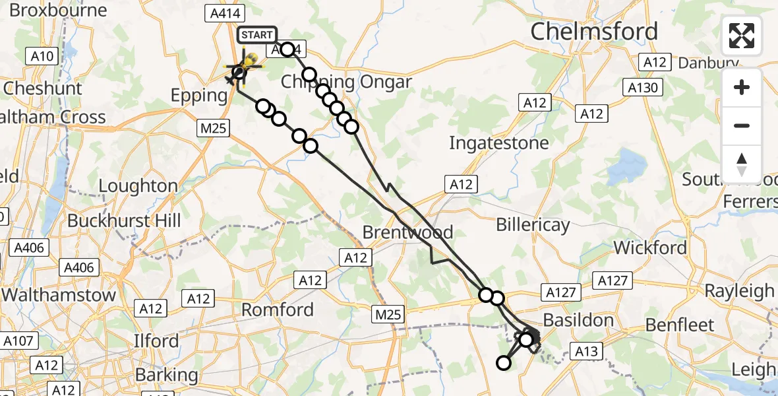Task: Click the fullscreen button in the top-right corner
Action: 742,36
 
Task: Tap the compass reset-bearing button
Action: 742,164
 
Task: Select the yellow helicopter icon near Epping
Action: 249,63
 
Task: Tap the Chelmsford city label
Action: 593,31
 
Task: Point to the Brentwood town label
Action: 408,232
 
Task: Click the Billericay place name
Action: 532,225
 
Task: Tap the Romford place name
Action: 277,309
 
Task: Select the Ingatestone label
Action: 498,143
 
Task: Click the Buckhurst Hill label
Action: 124,220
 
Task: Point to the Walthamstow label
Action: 58,295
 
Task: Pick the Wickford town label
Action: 650,248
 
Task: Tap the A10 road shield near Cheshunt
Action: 42,56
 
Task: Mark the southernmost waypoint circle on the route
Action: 504,362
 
